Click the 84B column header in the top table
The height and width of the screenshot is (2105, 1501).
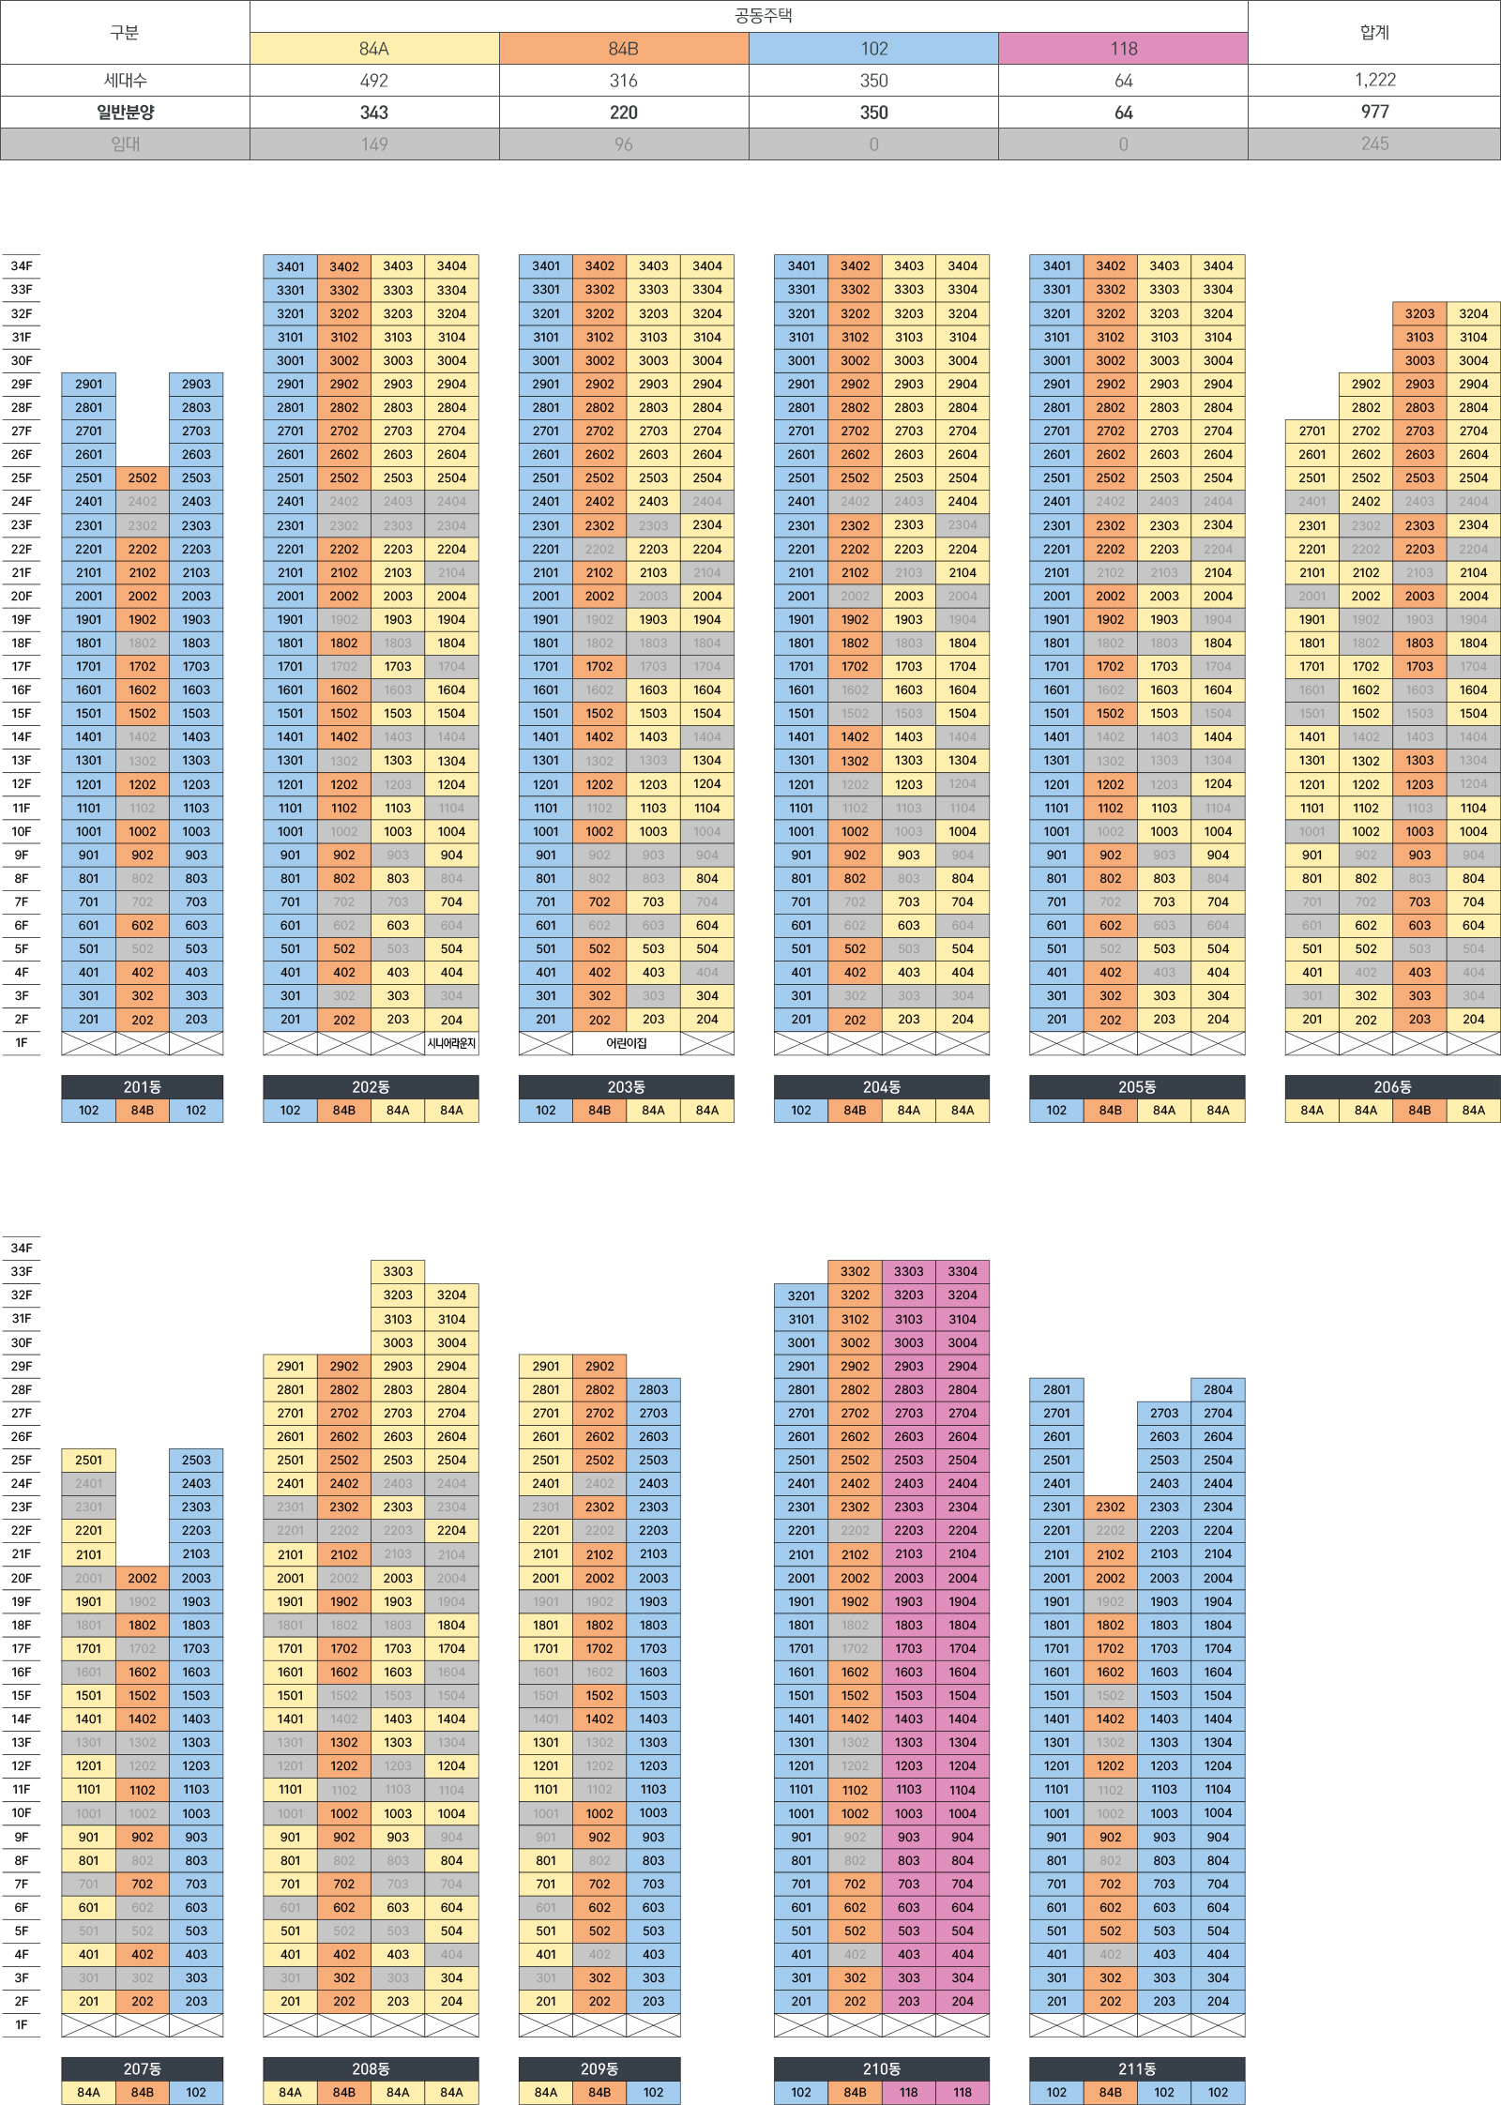(x=623, y=49)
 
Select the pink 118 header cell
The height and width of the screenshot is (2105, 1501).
(x=1123, y=49)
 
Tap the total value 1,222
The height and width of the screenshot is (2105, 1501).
(x=1374, y=81)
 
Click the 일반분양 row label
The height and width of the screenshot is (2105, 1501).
(x=125, y=113)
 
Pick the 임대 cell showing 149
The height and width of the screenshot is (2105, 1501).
(x=374, y=144)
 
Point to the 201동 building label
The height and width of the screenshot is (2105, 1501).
(x=143, y=1087)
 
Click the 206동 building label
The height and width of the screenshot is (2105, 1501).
(x=1392, y=1087)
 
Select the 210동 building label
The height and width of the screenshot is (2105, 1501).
(x=881, y=2069)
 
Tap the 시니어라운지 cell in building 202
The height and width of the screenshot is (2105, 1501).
(x=451, y=1043)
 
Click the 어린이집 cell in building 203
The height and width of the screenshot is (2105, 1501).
(x=626, y=1043)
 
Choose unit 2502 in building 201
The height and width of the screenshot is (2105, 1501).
(x=143, y=478)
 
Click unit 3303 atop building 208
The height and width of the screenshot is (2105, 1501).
(x=398, y=1272)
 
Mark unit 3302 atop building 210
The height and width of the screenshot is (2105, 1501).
(x=855, y=1272)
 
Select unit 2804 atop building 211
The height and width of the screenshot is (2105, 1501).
(x=1218, y=1390)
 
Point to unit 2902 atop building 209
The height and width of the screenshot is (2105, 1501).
(x=599, y=1367)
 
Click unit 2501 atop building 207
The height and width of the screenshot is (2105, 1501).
(x=89, y=1461)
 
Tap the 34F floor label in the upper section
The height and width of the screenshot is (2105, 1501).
(x=22, y=266)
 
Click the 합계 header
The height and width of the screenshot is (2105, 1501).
(x=1374, y=33)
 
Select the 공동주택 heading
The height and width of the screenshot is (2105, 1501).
(x=764, y=16)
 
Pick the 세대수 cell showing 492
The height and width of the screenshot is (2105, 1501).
(x=374, y=81)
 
